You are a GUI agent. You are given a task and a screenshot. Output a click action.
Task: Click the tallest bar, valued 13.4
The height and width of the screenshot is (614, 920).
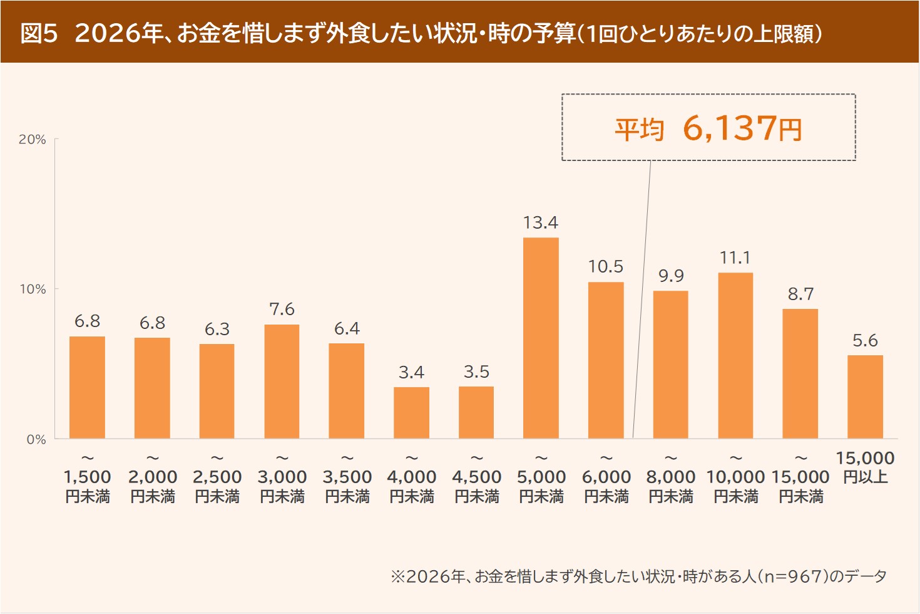pyautogui.click(x=541, y=338)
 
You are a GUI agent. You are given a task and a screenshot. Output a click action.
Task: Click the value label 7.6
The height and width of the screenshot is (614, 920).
pyautogui.click(x=282, y=310)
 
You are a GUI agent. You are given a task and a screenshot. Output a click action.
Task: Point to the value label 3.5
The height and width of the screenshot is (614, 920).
pyautogui.click(x=476, y=372)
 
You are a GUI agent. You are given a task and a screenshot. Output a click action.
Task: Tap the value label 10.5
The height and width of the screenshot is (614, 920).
pyautogui.click(x=605, y=267)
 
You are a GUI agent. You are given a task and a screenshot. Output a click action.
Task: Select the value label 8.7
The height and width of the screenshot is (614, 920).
pyautogui.click(x=800, y=294)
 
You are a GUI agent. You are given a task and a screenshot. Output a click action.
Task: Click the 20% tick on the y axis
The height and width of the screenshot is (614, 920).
pyautogui.click(x=33, y=140)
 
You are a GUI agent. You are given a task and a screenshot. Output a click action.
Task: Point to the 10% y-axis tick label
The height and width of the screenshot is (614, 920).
pyautogui.click(x=33, y=289)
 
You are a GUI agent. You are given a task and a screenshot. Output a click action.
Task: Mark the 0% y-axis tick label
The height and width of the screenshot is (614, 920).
pyautogui.click(x=36, y=440)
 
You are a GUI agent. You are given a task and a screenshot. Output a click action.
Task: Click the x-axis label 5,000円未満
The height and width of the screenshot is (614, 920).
pyautogui.click(x=541, y=486)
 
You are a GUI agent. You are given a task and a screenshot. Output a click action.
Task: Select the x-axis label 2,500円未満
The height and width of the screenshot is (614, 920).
pyautogui.click(x=217, y=486)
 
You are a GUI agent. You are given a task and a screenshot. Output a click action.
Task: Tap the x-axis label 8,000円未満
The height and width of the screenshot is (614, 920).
pyautogui.click(x=671, y=486)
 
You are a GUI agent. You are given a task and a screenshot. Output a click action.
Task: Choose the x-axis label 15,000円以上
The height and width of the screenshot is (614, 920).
pyautogui.click(x=865, y=467)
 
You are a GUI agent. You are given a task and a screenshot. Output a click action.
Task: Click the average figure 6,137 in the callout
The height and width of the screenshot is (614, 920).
pyautogui.click(x=729, y=128)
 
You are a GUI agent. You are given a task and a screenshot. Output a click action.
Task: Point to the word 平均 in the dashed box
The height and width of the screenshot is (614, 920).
pyautogui.click(x=638, y=130)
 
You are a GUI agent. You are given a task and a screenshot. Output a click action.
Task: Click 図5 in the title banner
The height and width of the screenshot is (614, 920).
pyautogui.click(x=39, y=33)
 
